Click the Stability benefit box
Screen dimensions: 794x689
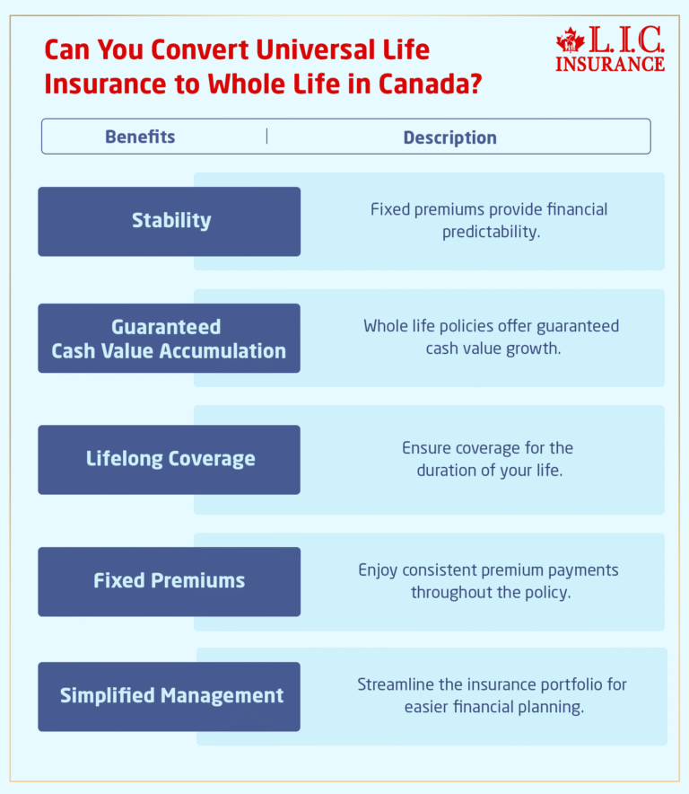(170, 221)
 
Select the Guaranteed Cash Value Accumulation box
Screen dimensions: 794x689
(170, 339)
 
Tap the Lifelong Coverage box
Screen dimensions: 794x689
(170, 459)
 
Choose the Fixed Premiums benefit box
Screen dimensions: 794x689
(170, 581)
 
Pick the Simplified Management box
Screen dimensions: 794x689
(170, 696)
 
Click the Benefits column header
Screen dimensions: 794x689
(140, 137)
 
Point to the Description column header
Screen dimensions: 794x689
(449, 138)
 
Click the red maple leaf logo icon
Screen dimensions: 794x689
(569, 40)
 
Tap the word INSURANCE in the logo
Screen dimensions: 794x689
(610, 64)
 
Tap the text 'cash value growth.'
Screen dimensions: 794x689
(493, 348)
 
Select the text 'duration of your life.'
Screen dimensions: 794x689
(490, 470)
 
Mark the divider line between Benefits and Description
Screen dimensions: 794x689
(266, 137)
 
